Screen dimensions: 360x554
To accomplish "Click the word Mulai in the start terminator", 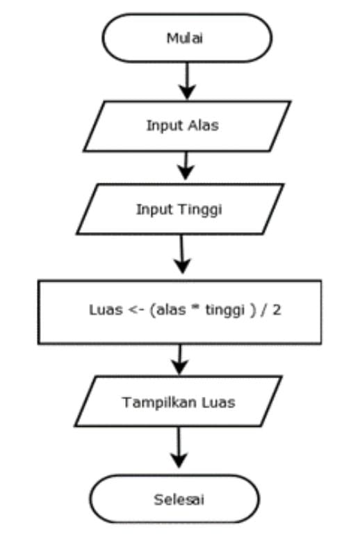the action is click(x=184, y=38).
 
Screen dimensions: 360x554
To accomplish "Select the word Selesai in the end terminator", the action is click(x=179, y=500).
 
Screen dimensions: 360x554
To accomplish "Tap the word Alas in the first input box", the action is click(x=203, y=125).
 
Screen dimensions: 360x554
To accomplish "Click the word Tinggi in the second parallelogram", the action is click(x=200, y=209).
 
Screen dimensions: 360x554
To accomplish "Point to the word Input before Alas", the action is click(x=165, y=126).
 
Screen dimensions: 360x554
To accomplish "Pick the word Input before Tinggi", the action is click(x=155, y=209).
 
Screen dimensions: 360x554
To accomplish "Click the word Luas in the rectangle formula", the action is click(x=106, y=310).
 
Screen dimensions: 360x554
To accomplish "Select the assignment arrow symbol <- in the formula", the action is click(x=136, y=310).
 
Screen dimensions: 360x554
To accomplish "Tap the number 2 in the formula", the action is click(x=277, y=310).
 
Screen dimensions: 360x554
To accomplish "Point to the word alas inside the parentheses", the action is click(x=171, y=310).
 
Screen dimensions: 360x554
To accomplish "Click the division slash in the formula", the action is click(x=264, y=310).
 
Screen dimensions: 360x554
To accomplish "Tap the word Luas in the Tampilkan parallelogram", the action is click(x=218, y=402).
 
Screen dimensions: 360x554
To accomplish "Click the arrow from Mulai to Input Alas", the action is click(x=187, y=81).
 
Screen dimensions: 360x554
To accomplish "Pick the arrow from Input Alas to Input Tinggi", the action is click(x=186, y=165).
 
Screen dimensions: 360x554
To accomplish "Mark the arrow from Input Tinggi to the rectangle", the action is click(x=181, y=254).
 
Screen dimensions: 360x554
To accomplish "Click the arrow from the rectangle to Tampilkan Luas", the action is click(x=180, y=359).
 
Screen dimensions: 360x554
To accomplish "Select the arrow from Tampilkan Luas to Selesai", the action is click(x=179, y=447).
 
